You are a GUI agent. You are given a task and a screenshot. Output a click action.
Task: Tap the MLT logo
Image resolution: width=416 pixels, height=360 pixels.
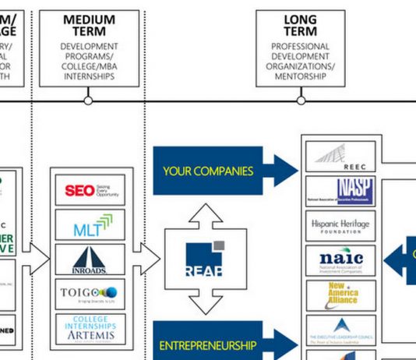[90, 225]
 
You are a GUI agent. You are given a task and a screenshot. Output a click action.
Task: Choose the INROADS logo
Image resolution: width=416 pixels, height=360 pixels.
[90, 259]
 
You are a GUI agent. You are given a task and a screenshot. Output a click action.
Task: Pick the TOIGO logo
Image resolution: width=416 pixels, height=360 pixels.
[90, 294]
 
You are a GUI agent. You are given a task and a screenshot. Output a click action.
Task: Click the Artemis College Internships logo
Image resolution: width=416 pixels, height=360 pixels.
[90, 328]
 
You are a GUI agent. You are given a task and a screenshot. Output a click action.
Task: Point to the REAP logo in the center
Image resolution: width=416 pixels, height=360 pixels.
[204, 261]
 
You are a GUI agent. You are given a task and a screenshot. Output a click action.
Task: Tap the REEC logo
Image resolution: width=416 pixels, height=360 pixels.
[340, 157]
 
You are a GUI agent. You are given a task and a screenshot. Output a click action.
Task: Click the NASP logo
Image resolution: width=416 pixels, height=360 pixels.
[340, 191]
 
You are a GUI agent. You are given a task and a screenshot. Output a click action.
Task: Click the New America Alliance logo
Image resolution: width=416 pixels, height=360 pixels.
[340, 295]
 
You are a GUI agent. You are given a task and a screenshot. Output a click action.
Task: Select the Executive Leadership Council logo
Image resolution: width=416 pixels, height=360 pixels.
[340, 329]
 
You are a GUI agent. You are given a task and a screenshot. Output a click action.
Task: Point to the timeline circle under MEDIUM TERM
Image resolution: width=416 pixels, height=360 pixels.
[88, 101]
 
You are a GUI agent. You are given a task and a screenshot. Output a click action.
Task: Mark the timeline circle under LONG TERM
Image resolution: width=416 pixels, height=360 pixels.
[301, 101]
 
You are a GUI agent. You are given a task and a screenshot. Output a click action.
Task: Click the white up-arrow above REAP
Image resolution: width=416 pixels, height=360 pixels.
[204, 214]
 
